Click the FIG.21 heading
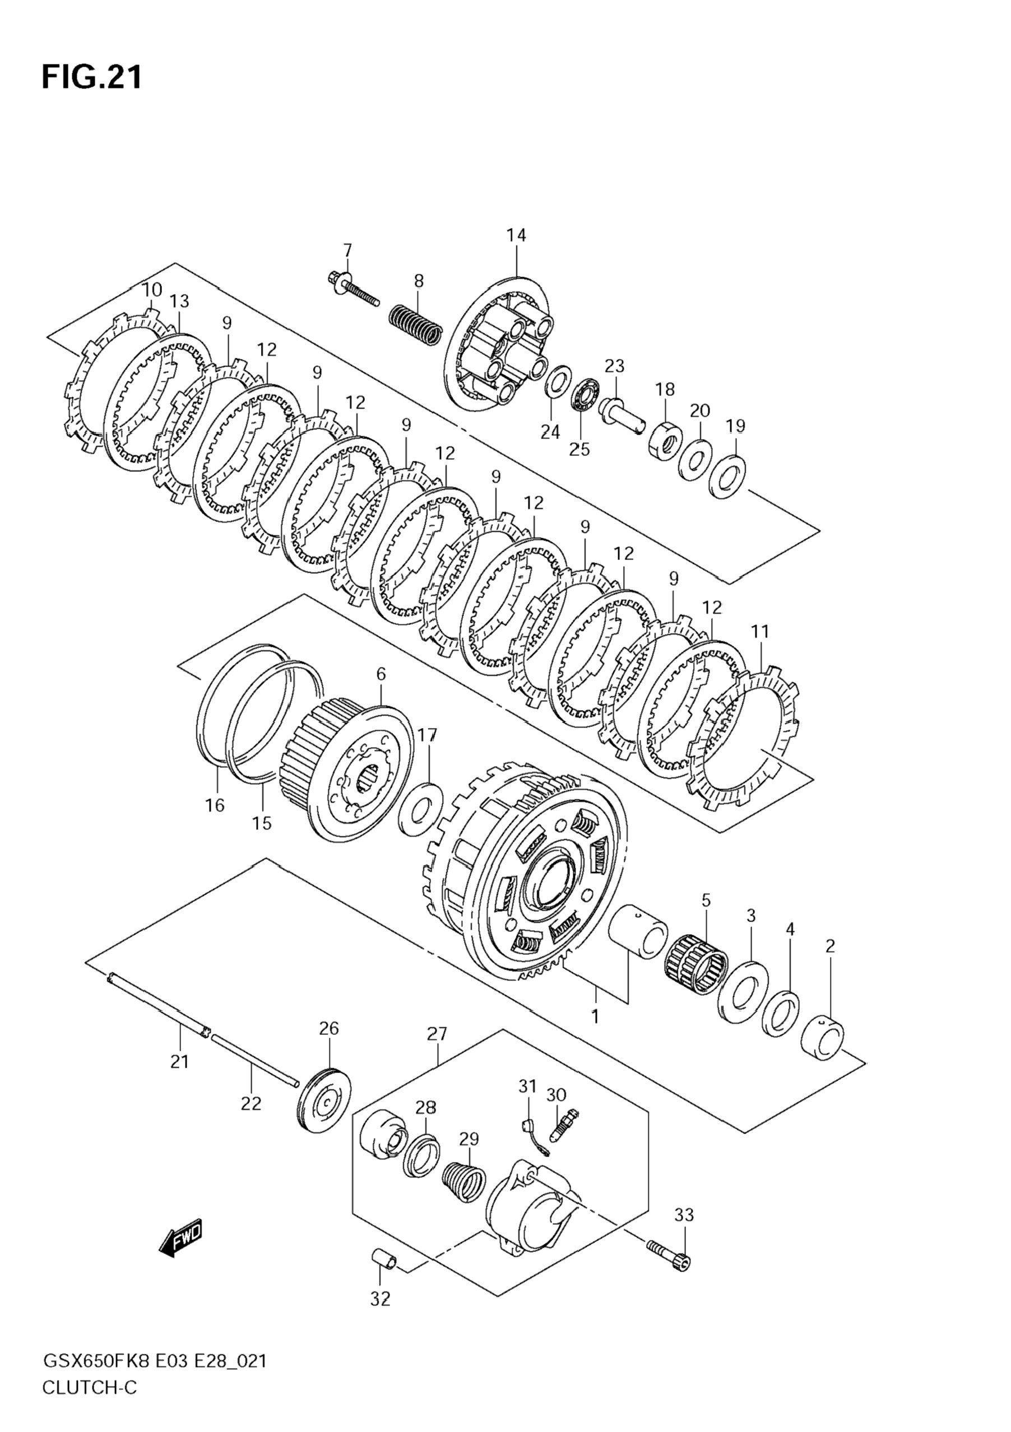(92, 77)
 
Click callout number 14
(516, 235)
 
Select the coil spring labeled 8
(416, 322)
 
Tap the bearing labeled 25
(586, 394)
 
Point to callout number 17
(428, 736)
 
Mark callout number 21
(180, 1061)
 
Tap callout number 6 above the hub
(381, 674)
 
